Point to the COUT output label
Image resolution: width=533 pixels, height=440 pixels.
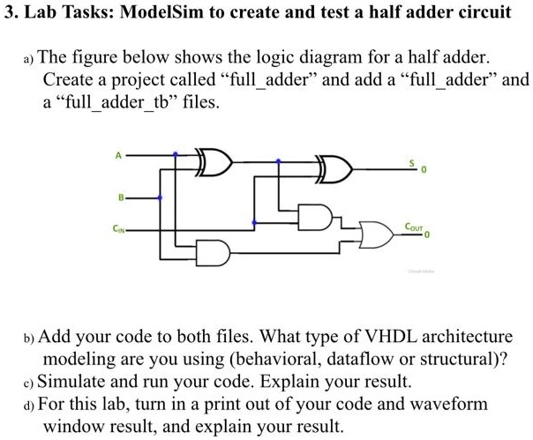point(413,227)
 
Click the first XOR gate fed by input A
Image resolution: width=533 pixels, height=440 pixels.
point(215,163)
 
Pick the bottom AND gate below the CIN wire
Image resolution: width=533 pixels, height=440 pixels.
point(215,253)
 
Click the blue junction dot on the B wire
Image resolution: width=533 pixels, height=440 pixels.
point(160,198)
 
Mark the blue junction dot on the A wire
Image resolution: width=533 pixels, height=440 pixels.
point(176,154)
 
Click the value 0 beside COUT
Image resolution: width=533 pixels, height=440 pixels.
point(425,235)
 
